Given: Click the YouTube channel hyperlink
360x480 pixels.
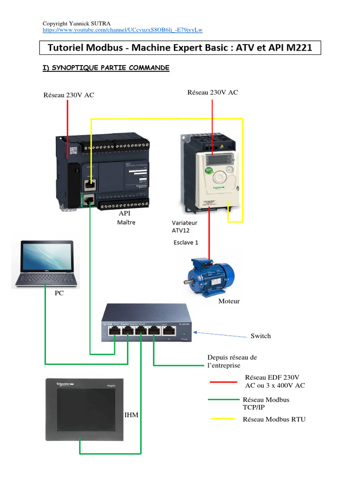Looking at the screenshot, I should (122, 30).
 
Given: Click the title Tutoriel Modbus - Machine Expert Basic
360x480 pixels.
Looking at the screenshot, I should (180, 48).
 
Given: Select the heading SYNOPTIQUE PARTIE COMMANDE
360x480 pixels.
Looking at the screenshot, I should (106, 68).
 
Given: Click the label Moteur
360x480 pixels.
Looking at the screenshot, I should (229, 301).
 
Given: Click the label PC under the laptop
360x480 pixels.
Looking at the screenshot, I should (59, 293).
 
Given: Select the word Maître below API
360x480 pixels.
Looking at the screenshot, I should (126, 223).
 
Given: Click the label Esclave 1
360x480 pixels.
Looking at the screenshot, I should (186, 242).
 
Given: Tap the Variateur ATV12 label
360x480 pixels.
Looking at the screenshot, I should (184, 226).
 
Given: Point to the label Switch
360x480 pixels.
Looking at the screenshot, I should (261, 336).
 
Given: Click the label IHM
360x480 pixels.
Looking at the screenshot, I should (131, 415).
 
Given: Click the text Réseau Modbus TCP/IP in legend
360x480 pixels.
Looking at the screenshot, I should (266, 404).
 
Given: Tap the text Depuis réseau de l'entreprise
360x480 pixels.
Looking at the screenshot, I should (232, 361).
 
